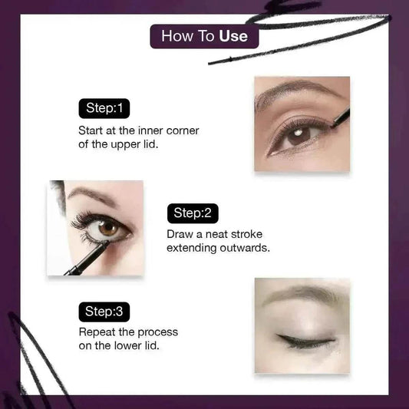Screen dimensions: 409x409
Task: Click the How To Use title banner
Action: [x=204, y=36]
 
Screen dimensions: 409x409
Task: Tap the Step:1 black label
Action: [x=104, y=108]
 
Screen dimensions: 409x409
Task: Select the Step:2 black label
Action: [x=193, y=213]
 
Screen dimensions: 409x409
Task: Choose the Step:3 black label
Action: [x=104, y=312]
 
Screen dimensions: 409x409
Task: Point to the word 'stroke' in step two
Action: [x=246, y=234]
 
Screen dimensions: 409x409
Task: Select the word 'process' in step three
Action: [x=158, y=332]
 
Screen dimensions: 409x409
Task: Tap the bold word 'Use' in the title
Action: [x=233, y=36]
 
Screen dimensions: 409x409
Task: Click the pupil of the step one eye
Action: [x=299, y=134]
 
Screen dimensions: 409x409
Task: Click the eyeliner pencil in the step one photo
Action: [x=340, y=118]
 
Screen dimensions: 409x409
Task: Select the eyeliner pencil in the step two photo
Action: [x=87, y=259]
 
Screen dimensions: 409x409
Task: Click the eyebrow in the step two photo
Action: [x=92, y=194]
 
